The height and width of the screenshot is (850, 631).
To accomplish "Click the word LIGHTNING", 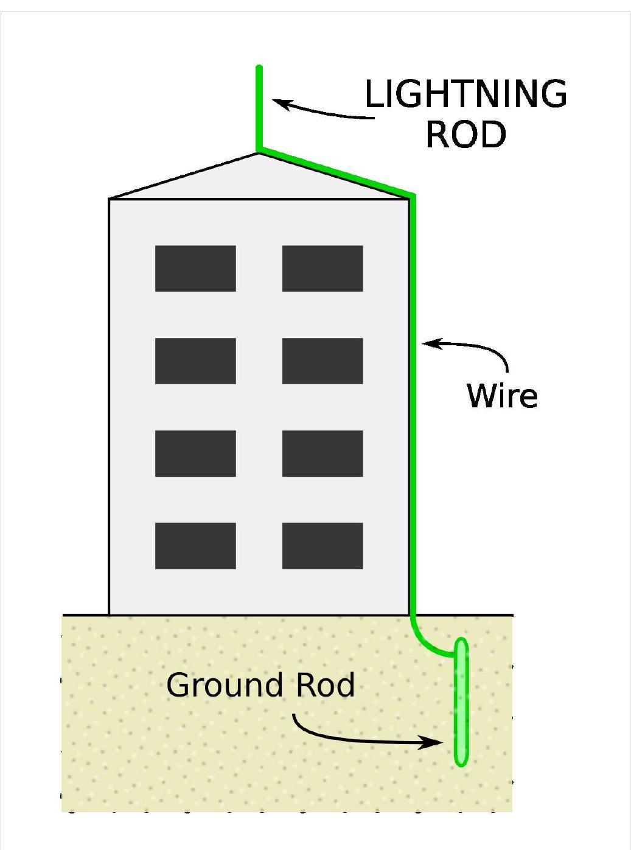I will coord(465,94).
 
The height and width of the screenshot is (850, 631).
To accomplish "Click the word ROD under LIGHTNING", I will coord(465,135).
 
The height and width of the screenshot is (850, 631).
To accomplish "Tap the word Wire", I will coord(502,396).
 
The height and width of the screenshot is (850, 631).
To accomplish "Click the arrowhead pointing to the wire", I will coord(428,343).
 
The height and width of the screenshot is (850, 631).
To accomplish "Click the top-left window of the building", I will coord(195,269).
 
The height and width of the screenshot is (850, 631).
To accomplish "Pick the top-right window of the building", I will coord(322,269).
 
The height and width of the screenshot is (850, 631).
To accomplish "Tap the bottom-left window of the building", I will coord(195,546).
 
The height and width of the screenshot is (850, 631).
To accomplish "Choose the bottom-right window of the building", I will coord(322,546).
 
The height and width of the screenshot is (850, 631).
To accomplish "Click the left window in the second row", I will coord(195,361).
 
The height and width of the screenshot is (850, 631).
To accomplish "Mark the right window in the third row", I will coord(322,454).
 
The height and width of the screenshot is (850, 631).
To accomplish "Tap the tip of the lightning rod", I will coord(259,67).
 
